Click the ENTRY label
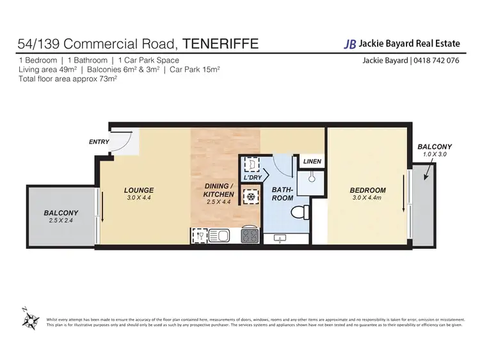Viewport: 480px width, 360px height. point(99,142)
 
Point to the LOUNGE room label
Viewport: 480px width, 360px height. point(138,190)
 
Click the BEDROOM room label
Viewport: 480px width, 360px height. point(367,190)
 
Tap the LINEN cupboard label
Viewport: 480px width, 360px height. point(312,162)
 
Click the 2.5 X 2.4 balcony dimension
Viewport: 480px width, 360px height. point(61,220)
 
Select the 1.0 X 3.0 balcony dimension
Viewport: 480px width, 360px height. point(435,154)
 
